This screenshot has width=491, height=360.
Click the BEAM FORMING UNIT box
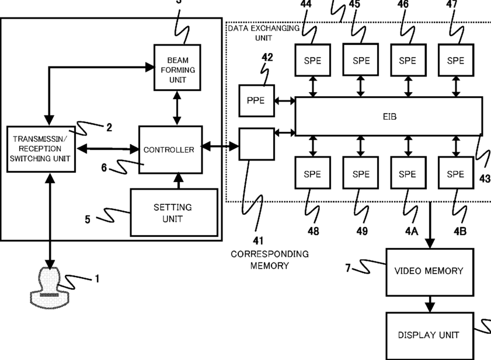pyautogui.click(x=177, y=68)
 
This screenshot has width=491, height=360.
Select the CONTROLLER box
pyautogui.click(x=170, y=149)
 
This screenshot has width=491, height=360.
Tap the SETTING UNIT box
pyautogui.click(x=174, y=212)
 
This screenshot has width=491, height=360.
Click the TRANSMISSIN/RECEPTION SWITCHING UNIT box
pyautogui.click(x=41, y=149)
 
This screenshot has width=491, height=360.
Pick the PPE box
pyautogui.click(x=256, y=100)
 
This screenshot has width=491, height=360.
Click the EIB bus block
pyautogui.click(x=389, y=117)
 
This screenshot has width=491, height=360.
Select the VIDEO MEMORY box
pyautogui.click(x=430, y=272)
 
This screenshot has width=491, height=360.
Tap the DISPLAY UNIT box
pyautogui.click(x=430, y=335)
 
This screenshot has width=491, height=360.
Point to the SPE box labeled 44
pyautogui.click(x=312, y=60)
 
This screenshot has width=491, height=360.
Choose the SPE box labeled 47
pyautogui.click(x=456, y=60)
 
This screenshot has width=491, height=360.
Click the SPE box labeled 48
pyautogui.click(x=312, y=173)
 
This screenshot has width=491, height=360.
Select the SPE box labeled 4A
pyautogui.click(x=408, y=173)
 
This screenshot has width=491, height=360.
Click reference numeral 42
pyautogui.click(x=267, y=57)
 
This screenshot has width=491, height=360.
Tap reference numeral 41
pyautogui.click(x=258, y=241)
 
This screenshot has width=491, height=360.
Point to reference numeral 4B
pyautogui.click(x=460, y=231)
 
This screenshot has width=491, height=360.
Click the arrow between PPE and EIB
pyautogui.click(x=285, y=101)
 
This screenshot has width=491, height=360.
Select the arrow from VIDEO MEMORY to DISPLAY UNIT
pyautogui.click(x=430, y=304)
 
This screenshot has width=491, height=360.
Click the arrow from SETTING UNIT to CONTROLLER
pyautogui.click(x=179, y=181)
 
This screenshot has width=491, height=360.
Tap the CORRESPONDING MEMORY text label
pyautogui.click(x=270, y=260)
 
